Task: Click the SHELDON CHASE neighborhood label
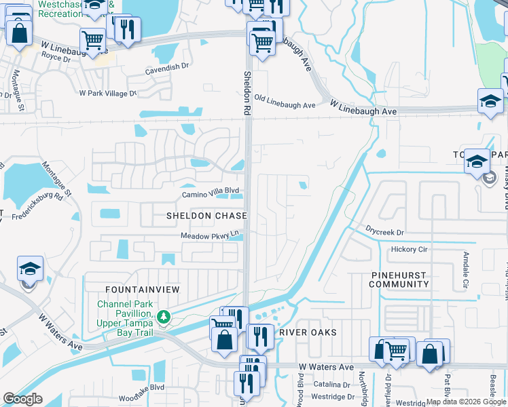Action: pos(206,215)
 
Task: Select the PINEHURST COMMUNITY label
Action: pos(399,279)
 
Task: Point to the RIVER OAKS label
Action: pos(308,332)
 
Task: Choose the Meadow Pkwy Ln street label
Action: pos(211,235)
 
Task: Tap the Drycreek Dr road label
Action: pos(384,231)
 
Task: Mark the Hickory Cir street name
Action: pos(409,250)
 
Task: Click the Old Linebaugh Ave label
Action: pos(285,105)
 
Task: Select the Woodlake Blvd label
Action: pos(141,387)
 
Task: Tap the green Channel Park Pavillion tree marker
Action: pos(163,316)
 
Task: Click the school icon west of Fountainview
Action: pos(30,269)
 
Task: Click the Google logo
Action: pos(22,399)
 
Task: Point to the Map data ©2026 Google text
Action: pos(466,402)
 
